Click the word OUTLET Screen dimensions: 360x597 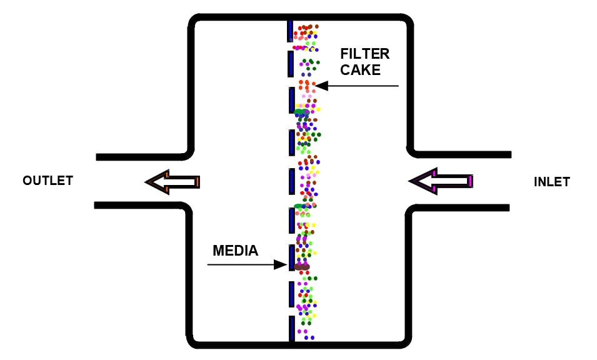(x=48, y=181)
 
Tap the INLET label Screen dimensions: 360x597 (x=551, y=182)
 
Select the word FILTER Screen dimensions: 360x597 (x=364, y=54)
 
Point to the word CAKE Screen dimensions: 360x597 (x=360, y=70)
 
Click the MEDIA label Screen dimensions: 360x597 (x=235, y=251)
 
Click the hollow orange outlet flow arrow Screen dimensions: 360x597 (x=173, y=182)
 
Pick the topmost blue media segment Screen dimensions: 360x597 (x=290, y=30)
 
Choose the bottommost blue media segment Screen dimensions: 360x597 (x=291, y=329)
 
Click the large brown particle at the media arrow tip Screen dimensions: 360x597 (x=302, y=267)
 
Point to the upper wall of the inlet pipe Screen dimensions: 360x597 (x=463, y=154)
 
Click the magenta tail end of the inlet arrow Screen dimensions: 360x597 (x=469, y=181)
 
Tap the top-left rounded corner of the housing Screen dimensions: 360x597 (x=193, y=21)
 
